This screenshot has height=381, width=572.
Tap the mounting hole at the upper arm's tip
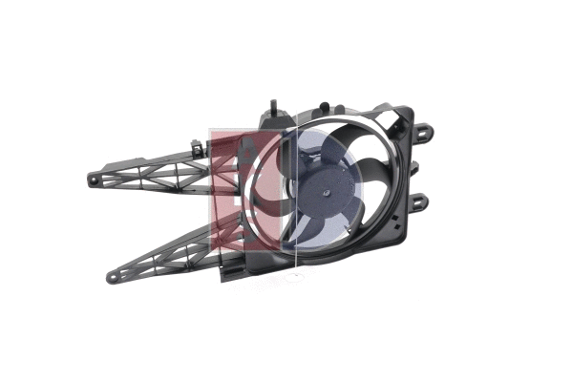[x=93, y=179]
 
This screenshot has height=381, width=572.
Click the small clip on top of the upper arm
[x=196, y=146]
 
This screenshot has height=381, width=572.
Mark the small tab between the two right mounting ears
[x=413, y=170]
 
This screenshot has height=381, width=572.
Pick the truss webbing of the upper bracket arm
[x=153, y=175]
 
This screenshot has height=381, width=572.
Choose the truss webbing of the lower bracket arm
[x=167, y=253]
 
